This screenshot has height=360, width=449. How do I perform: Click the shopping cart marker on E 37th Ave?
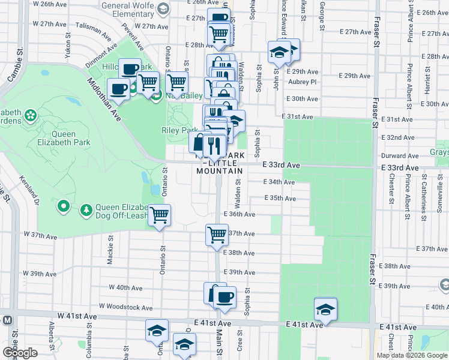217,235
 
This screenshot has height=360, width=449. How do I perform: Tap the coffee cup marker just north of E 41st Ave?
224,297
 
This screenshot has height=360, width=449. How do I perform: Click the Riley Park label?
179,130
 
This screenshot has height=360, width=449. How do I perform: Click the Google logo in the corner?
20,353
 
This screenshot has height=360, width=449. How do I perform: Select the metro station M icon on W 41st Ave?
7,319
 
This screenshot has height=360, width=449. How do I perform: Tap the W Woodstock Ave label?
126,307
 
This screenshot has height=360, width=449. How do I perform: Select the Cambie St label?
20,64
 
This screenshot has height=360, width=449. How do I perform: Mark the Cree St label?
239,344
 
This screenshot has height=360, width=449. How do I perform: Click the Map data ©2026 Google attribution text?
412,355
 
